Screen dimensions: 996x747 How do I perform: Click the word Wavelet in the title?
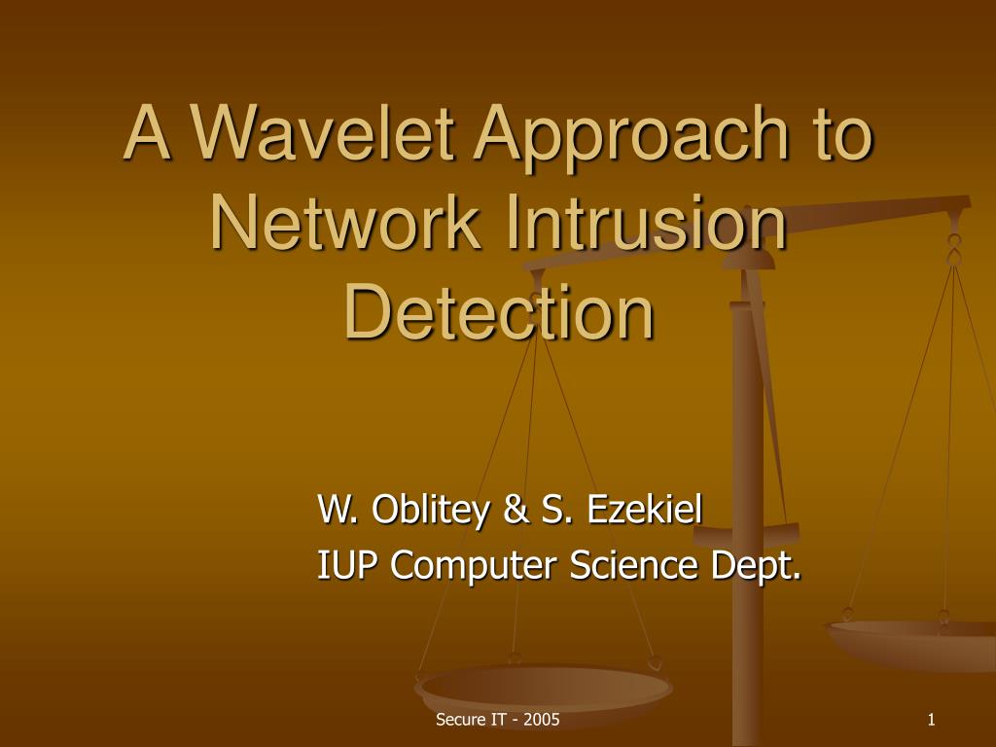(322, 132)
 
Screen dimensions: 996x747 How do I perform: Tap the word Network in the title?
(345, 223)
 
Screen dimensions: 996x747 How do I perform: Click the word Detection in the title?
(499, 311)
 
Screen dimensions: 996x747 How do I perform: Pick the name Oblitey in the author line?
(431, 510)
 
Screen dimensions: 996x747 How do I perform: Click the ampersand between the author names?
(516, 509)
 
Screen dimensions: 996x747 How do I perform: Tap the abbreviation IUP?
(343, 564)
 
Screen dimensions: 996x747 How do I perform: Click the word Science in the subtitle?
(634, 564)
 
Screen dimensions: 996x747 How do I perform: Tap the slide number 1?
(931, 719)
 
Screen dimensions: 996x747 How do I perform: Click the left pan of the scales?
(543, 688)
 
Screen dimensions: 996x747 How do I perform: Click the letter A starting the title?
(148, 132)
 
